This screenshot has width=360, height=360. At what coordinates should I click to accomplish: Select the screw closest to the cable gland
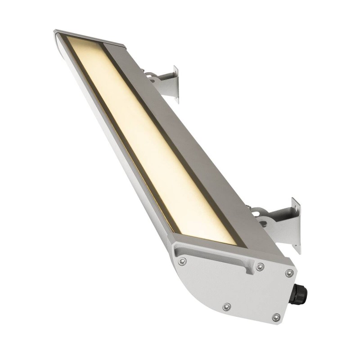[x=289, y=273]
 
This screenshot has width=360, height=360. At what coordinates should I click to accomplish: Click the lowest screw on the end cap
[x=276, y=318]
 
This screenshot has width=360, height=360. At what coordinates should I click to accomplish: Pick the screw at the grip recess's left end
[x=182, y=261]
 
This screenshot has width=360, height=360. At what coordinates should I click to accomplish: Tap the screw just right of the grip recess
[x=260, y=267]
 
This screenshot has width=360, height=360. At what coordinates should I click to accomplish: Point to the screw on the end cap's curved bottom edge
[x=227, y=307]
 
